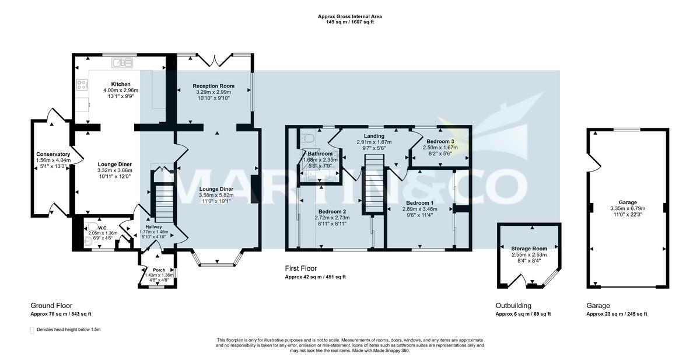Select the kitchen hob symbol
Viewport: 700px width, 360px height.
[81, 85]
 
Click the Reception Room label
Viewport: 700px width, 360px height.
[213, 86]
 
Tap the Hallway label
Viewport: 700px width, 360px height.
[155, 226]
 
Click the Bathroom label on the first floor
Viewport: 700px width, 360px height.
[320, 153]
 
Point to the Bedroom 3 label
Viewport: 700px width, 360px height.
[440, 141]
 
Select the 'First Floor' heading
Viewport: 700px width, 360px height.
[301, 269]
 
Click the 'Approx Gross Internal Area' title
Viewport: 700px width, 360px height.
[349, 17]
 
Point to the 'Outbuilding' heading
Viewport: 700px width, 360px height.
[513, 306]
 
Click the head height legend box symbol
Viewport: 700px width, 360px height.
[32, 330]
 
